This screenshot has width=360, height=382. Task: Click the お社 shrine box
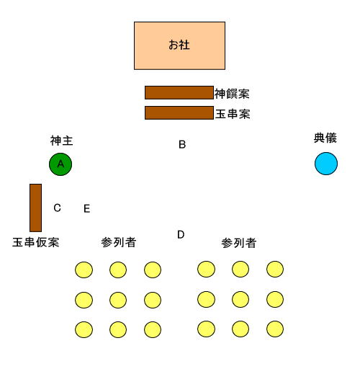(179, 46)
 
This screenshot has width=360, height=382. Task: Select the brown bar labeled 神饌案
(179, 92)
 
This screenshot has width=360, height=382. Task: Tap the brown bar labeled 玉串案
(179, 112)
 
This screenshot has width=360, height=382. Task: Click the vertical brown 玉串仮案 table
(35, 208)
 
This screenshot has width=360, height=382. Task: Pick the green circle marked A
(60, 164)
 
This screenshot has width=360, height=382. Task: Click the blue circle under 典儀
(326, 164)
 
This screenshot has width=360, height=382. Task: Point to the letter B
(182, 144)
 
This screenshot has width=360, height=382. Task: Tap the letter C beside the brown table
(57, 208)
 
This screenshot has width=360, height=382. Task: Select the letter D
(181, 235)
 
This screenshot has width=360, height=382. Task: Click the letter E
(87, 209)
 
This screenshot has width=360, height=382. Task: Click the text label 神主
(62, 141)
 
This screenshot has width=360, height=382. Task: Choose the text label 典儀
(325, 138)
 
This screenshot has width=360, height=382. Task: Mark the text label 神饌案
(232, 94)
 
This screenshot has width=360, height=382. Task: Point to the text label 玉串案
(233, 114)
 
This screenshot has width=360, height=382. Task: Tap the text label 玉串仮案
(36, 242)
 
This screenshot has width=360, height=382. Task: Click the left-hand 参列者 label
(119, 242)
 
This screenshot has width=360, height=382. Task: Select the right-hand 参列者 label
(239, 243)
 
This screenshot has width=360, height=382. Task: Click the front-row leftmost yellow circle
(84, 270)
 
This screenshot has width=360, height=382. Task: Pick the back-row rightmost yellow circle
(275, 329)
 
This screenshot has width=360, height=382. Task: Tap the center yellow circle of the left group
(118, 300)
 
